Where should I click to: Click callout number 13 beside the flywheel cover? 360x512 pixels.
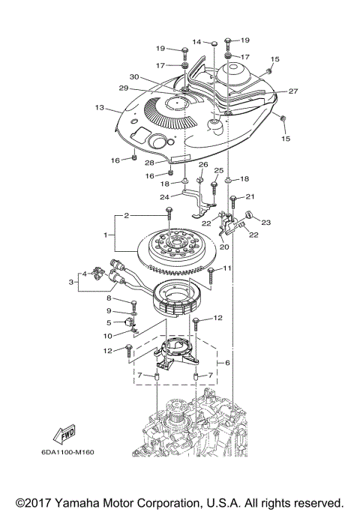pyautogui.click(x=99, y=108)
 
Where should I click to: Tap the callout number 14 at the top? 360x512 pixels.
pyautogui.click(x=196, y=41)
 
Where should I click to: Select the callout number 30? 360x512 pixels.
pyautogui.click(x=134, y=77)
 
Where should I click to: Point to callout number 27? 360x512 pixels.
pyautogui.click(x=293, y=91)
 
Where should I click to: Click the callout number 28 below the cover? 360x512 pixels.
pyautogui.click(x=149, y=163)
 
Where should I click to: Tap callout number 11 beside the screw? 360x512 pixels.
pyautogui.click(x=227, y=268)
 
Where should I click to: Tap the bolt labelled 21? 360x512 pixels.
pyautogui.click(x=233, y=199)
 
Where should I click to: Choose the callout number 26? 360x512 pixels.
pyautogui.click(x=202, y=164)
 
